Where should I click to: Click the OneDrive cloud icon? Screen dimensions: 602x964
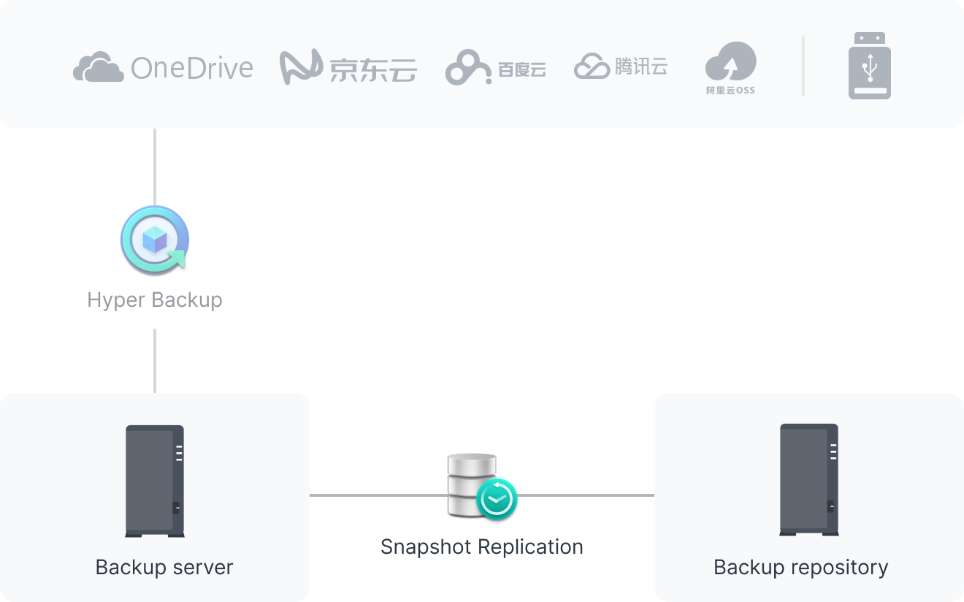(97, 67)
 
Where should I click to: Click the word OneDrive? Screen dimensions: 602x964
(191, 68)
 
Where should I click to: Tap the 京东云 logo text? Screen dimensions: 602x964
(372, 69)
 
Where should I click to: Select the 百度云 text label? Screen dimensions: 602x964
(521, 69)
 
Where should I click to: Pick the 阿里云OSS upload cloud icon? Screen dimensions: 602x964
(730, 63)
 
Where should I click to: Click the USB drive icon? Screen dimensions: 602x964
(869, 66)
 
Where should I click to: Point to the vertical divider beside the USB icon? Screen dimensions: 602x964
(803, 66)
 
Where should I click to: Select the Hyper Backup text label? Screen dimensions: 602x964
(155, 300)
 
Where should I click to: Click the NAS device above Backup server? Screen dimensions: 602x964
(155, 481)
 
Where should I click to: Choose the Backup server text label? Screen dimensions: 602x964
(164, 567)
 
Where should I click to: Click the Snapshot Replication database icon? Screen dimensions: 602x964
(471, 482)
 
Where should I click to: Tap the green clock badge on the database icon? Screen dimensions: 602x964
(497, 499)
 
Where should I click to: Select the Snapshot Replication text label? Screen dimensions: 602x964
(481, 546)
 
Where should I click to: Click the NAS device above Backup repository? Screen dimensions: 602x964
(808, 480)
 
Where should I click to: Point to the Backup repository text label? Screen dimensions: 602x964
(800, 567)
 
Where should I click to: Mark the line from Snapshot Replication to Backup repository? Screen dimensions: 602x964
(584, 495)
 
